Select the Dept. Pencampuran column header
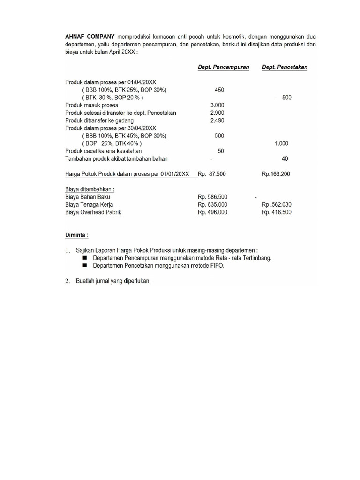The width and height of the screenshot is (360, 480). pyautogui.click(x=223, y=67)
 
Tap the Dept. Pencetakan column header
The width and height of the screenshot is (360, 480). pyautogui.click(x=285, y=67)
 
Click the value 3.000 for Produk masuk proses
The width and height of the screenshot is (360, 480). pyautogui.click(x=217, y=105)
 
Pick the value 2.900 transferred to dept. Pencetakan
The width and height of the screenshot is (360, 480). pyautogui.click(x=217, y=113)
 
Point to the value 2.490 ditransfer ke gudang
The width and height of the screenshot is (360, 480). pyautogui.click(x=217, y=120)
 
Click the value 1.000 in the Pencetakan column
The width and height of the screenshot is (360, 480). pyautogui.click(x=281, y=143)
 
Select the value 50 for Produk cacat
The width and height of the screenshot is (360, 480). pyautogui.click(x=221, y=151)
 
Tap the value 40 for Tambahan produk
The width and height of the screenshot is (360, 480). pyautogui.click(x=285, y=158)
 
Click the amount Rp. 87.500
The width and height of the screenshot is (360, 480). pyautogui.click(x=212, y=174)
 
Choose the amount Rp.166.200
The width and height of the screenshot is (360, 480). pyautogui.click(x=276, y=174)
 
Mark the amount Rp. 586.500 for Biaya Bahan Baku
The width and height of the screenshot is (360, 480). pyautogui.click(x=213, y=197)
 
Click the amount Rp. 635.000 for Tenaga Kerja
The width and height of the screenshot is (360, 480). pyautogui.click(x=213, y=205)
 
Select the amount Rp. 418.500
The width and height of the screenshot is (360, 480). pyautogui.click(x=277, y=212)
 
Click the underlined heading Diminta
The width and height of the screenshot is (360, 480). pyautogui.click(x=76, y=235)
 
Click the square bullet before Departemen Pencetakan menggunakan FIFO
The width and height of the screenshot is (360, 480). pyautogui.click(x=85, y=266)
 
